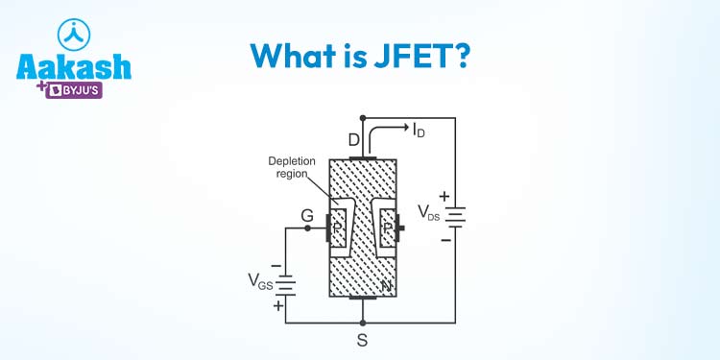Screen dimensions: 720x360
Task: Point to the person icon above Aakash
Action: [73, 32]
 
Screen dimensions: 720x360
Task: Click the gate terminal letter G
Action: [308, 216]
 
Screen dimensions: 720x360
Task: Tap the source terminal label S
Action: [362, 338]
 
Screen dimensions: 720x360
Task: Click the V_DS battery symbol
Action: [456, 217]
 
